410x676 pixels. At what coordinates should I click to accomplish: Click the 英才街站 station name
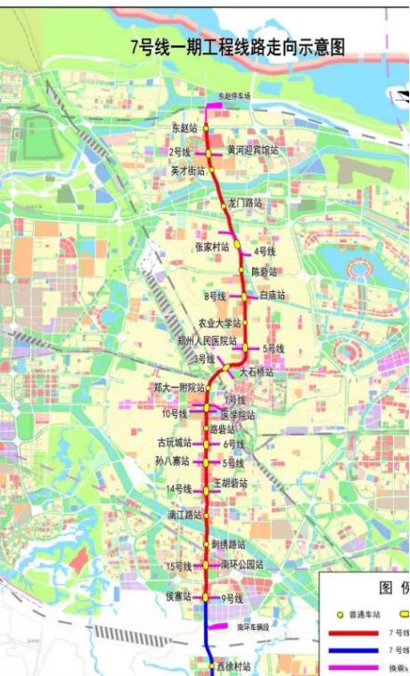tap(187, 170)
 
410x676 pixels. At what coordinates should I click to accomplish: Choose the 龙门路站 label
tap(245, 203)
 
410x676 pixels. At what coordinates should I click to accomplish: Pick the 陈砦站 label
tap(265, 271)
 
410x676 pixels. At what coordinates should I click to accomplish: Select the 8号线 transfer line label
tap(215, 296)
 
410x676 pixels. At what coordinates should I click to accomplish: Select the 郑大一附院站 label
tap(179, 387)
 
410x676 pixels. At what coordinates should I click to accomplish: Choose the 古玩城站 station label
tap(174, 443)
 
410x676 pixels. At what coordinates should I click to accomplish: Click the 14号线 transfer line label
tap(180, 489)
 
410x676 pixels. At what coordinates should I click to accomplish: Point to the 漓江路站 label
tap(184, 515)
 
